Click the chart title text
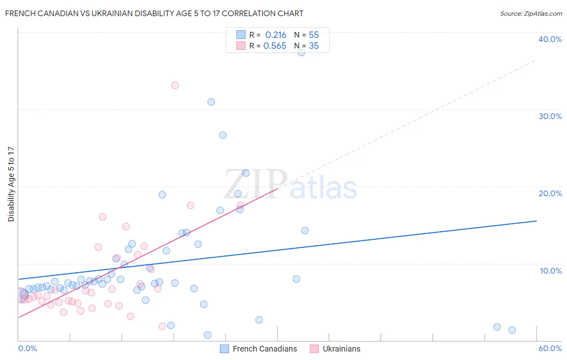[154, 13]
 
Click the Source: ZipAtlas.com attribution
[531, 14]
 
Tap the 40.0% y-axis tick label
[550, 39]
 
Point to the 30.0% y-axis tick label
[550, 116]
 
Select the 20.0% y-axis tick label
[550, 193]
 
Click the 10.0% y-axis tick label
[551, 271]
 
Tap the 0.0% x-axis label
[27, 348]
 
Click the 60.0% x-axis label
[550, 348]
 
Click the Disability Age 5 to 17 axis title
[11, 184]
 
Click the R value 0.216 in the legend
[275, 35]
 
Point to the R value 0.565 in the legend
[275, 46]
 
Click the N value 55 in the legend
[314, 35]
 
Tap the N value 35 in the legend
[314, 46]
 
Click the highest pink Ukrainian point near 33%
[175, 85]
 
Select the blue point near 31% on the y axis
[211, 102]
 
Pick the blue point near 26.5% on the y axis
[223, 135]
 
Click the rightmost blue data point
[512, 330]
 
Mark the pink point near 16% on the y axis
[103, 217]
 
